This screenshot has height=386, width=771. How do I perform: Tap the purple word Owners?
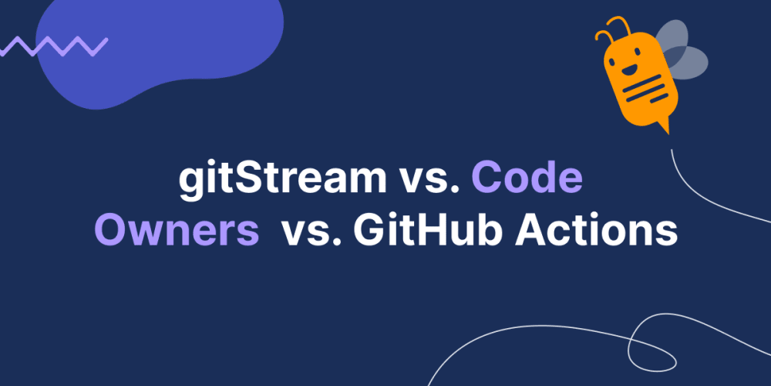pos(177,230)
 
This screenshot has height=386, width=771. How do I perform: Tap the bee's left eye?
pos(617,57)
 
